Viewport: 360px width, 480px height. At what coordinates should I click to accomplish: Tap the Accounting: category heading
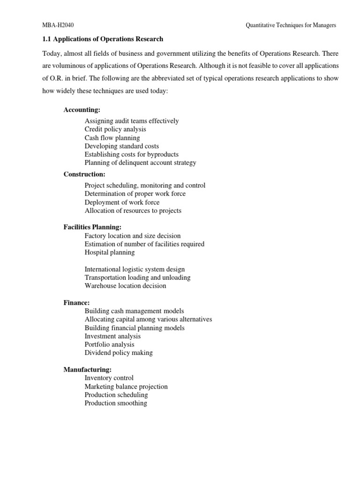[82, 110]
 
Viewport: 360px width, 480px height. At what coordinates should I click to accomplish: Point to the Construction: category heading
[84, 174]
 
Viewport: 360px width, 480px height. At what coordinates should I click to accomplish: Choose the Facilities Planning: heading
[92, 227]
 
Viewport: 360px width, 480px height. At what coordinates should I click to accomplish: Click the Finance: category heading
[76, 302]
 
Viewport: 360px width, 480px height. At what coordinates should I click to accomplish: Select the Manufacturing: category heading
[88, 369]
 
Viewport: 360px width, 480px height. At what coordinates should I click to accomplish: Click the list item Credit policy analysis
[115, 129]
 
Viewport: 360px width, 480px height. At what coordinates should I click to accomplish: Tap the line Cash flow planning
[112, 138]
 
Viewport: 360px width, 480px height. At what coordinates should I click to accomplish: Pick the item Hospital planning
[109, 252]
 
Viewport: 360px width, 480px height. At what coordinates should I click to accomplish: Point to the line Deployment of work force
[122, 202]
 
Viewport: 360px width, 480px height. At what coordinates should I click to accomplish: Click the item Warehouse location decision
[125, 285]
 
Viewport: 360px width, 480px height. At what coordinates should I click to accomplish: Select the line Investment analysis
[112, 336]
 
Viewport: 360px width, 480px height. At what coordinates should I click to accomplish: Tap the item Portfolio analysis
[109, 344]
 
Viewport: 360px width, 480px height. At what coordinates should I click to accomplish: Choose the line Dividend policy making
[119, 352]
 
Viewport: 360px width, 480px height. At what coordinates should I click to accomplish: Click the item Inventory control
[109, 378]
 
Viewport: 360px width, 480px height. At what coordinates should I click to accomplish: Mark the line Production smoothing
[116, 403]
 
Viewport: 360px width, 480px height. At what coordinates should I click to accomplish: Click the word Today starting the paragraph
[52, 53]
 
